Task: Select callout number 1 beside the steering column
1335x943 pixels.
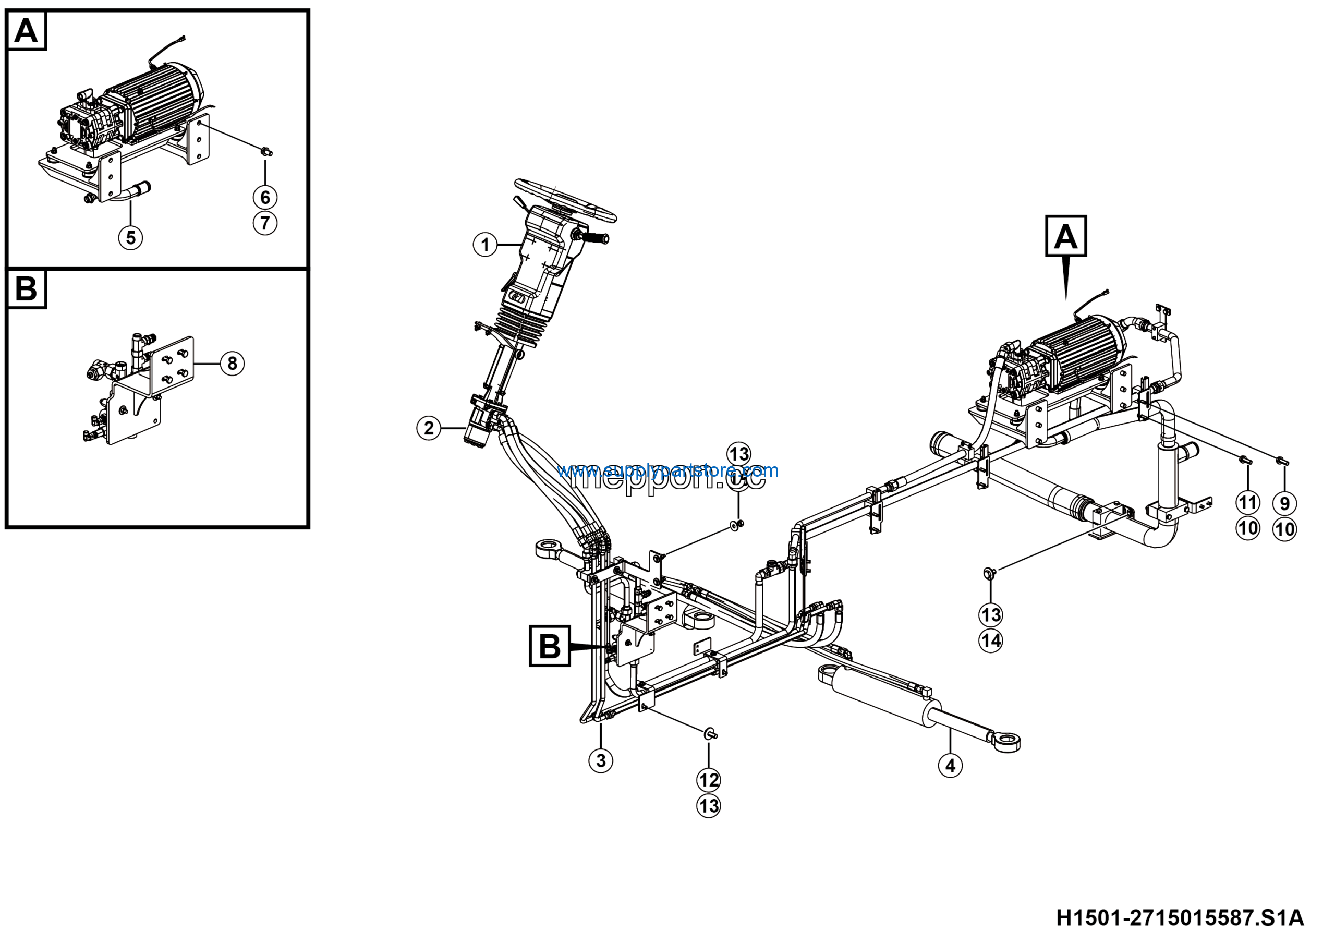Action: click(485, 244)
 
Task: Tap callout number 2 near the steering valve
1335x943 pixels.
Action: click(429, 429)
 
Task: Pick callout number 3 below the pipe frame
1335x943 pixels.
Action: click(601, 760)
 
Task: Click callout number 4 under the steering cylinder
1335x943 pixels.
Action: click(950, 765)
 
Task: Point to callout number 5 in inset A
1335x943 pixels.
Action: click(130, 237)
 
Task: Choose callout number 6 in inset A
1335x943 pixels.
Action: click(265, 197)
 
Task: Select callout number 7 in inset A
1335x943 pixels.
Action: click(265, 223)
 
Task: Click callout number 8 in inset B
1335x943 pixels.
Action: click(232, 364)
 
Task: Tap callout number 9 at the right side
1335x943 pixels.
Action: click(1284, 503)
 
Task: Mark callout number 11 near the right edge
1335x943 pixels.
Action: click(1247, 502)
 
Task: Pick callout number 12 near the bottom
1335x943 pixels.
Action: click(708, 780)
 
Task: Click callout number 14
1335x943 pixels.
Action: click(991, 640)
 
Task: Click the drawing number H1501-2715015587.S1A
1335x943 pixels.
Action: click(1180, 918)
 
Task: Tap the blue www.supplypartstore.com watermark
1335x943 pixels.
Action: click(667, 470)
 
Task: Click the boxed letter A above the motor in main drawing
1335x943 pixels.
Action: click(1066, 237)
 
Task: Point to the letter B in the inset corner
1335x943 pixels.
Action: click(26, 288)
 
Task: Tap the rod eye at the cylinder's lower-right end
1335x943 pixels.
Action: click(1006, 742)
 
